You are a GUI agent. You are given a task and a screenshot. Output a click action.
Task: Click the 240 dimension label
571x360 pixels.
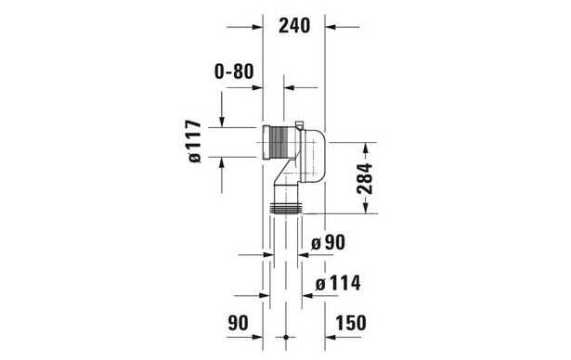pos(294,26)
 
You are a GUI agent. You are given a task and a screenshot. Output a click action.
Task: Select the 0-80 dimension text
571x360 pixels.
pos(234,71)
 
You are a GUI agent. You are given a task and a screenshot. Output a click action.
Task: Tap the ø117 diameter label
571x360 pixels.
pos(193,141)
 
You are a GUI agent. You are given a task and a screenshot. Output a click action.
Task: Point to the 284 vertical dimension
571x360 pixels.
pos(365,178)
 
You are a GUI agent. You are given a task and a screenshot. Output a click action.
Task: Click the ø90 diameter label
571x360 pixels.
pos(328,242)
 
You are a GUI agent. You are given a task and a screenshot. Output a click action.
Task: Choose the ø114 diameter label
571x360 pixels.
pos(338,283)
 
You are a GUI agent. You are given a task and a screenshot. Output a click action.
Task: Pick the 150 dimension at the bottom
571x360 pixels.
pos(350,323)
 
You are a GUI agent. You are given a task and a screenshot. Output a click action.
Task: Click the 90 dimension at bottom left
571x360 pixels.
pos(238,323)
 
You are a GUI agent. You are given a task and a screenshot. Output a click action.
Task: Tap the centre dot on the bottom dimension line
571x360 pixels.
pos(286,338)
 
